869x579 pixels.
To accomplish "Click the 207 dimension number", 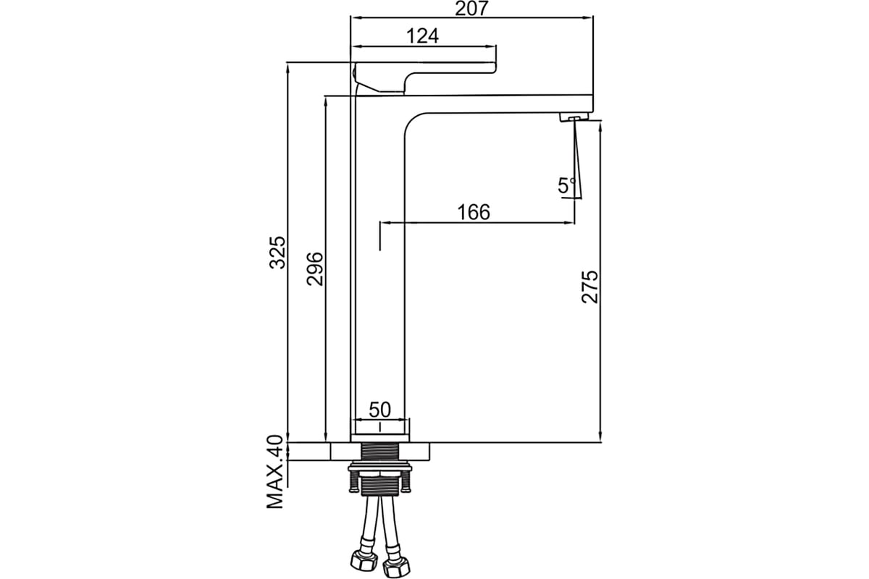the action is [x=471, y=8].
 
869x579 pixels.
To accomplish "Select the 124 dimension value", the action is [x=422, y=36].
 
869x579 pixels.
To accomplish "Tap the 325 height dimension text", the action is [x=278, y=252].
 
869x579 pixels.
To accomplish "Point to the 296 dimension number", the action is [x=314, y=269].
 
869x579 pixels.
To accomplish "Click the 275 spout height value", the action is [x=589, y=287].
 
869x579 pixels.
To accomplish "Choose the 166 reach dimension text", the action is [x=474, y=212].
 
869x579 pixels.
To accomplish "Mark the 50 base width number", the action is [x=379, y=410].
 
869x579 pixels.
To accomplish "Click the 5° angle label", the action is [x=566, y=185].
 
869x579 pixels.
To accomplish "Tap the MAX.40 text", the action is [x=275, y=472].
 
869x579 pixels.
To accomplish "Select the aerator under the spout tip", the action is [x=574, y=117].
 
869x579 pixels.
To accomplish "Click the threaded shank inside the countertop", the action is [x=379, y=452].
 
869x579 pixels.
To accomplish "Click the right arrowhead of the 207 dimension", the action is [x=589, y=17].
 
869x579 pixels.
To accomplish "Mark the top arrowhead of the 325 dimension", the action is [x=287, y=69].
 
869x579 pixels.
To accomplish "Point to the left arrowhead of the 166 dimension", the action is [x=385, y=223].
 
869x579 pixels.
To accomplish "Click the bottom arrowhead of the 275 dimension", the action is [x=600, y=436].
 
